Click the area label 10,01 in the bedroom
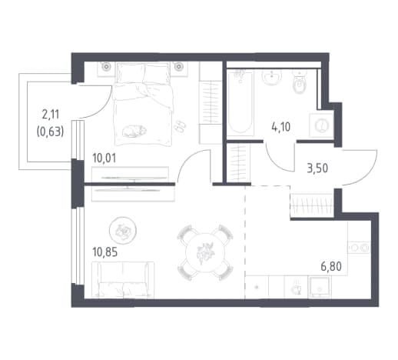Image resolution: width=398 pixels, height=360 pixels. click(x=104, y=158)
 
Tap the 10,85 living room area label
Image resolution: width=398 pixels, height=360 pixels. click(x=105, y=252)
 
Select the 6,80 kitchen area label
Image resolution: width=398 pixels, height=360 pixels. click(x=331, y=267)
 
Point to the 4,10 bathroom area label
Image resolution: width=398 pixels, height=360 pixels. click(x=281, y=127)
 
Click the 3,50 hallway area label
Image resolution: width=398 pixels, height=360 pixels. click(x=317, y=168)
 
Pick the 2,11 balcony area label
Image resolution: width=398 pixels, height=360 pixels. click(x=51, y=115)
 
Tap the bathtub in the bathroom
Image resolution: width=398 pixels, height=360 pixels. click(x=240, y=102)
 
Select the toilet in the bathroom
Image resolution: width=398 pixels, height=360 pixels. click(x=300, y=82)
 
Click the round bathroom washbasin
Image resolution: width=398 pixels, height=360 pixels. click(x=271, y=76)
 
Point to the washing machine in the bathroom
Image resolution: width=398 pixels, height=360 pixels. click(x=321, y=125)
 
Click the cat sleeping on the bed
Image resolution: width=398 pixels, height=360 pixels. click(x=134, y=131)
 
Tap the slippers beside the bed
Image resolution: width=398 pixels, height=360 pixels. click(x=180, y=126)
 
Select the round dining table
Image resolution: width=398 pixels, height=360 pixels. click(x=204, y=252)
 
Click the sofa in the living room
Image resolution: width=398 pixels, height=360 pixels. click(x=123, y=280)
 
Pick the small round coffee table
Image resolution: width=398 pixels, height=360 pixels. click(x=123, y=230)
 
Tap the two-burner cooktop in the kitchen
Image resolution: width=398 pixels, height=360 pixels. click(x=359, y=248)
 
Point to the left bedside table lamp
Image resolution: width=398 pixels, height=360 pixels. click(x=105, y=67)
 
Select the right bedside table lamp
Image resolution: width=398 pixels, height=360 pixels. click(x=178, y=67)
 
